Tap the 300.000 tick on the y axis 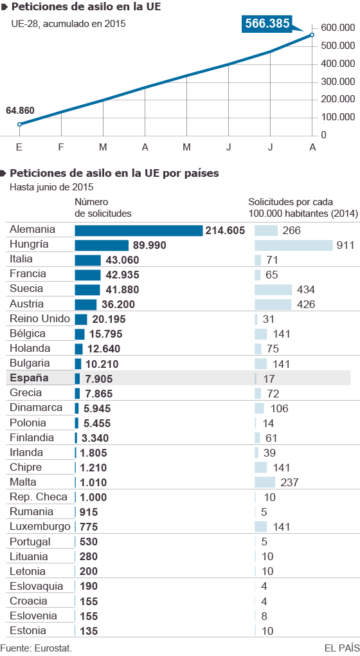(x=337, y=81)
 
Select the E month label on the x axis (x=19, y=147)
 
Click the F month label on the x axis (x=61, y=147)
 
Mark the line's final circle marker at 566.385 (x=312, y=35)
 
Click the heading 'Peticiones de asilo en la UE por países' (x=114, y=173)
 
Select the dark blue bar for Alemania (x=138, y=230)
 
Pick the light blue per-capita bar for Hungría (x=293, y=245)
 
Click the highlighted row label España (x=30, y=378)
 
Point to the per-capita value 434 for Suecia (x=305, y=289)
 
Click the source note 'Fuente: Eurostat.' (x=36, y=648)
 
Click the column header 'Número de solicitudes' (x=103, y=207)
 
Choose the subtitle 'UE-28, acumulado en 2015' (x=68, y=24)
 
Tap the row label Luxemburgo (x=40, y=526)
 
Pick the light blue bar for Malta (x=265, y=482)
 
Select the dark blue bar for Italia (x=87, y=260)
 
